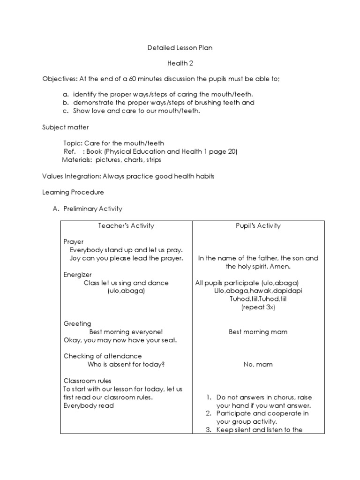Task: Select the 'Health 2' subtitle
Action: [x=180, y=63]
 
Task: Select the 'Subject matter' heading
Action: [x=65, y=127]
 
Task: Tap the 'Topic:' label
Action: [x=73, y=143]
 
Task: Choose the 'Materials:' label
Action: [x=77, y=160]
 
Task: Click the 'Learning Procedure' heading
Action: [x=73, y=192]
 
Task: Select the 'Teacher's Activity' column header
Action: [x=126, y=225]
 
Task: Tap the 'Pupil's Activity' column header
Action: [x=258, y=225]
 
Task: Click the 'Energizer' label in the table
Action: [x=78, y=274]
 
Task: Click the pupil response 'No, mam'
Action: [x=258, y=364]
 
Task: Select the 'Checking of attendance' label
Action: [x=103, y=356]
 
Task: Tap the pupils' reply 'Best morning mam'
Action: [x=258, y=332]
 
